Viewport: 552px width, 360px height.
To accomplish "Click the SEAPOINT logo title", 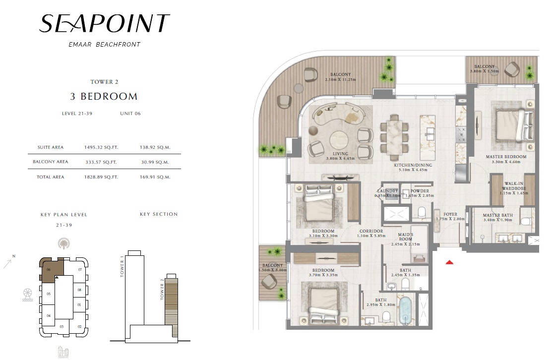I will (104, 23).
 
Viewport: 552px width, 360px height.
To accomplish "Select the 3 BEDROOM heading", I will (104, 96).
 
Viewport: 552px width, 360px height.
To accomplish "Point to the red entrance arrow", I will (450, 262).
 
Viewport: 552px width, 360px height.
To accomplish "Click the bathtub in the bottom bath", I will (406, 311).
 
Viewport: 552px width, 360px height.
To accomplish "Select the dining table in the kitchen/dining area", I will (396, 137).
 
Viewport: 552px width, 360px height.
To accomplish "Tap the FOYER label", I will (450, 215).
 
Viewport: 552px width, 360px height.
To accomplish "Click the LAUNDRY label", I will (387, 191).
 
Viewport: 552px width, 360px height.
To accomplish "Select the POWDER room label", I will (420, 191).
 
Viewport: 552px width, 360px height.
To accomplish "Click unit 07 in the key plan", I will (79, 270).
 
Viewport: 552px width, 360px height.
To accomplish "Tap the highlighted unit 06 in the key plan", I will (49, 270).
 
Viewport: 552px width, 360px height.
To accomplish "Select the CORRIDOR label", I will (371, 232).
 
